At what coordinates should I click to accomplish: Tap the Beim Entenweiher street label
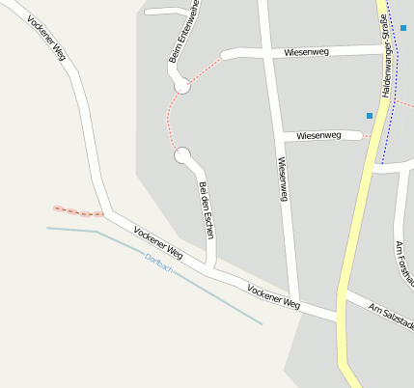tap(183, 32)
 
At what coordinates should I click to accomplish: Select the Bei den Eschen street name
tap(205, 204)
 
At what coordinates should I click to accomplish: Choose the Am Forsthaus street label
tap(403, 261)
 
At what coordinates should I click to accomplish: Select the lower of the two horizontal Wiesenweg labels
tap(318, 135)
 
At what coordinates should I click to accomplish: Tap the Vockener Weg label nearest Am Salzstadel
tap(273, 296)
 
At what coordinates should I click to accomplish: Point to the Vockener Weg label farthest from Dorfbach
tap(46, 39)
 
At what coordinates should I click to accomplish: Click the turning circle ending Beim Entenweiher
tap(181, 87)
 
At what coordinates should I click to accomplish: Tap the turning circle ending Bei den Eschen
tap(181, 154)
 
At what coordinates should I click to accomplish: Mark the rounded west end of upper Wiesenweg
tap(228, 55)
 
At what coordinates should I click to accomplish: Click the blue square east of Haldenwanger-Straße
tap(402, 28)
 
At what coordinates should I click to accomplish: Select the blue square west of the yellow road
tap(369, 116)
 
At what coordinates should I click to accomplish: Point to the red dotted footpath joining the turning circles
tap(170, 121)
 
